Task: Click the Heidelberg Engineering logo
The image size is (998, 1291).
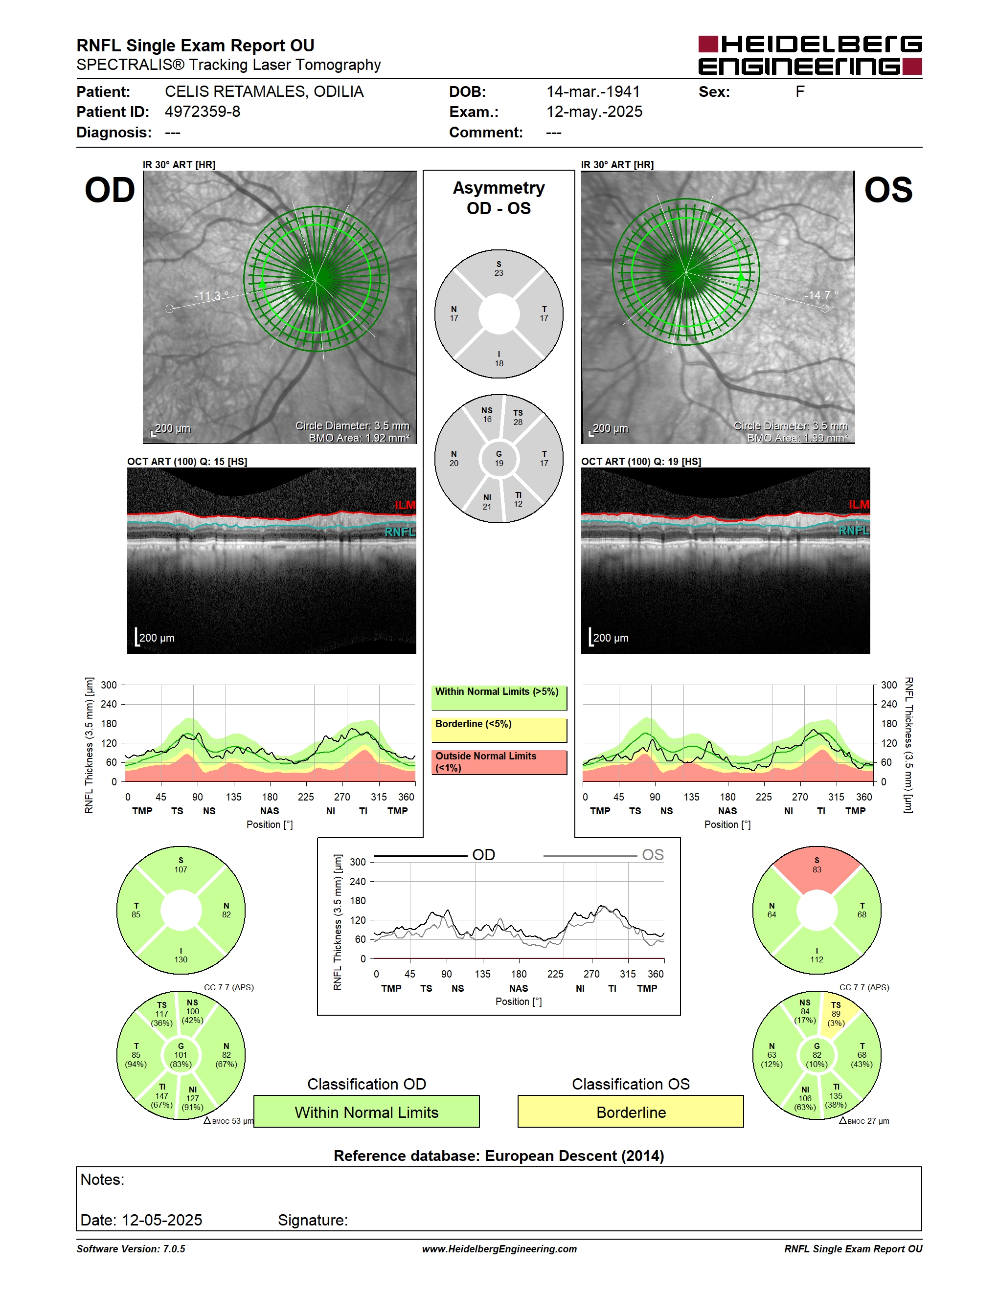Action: pyautogui.click(x=810, y=55)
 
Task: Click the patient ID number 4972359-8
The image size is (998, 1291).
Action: pyautogui.click(x=202, y=111)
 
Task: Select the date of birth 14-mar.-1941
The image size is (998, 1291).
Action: pyautogui.click(x=593, y=91)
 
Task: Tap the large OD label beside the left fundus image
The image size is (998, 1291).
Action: pyautogui.click(x=110, y=190)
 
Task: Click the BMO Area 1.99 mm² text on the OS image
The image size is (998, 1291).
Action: pyautogui.click(x=797, y=438)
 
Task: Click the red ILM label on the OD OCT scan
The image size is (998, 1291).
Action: pyautogui.click(x=405, y=505)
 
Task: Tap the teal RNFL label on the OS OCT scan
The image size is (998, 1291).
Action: pyautogui.click(x=854, y=530)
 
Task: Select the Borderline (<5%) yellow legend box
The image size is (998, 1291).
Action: pyautogui.click(x=499, y=730)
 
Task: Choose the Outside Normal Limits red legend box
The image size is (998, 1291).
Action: pyautogui.click(x=499, y=762)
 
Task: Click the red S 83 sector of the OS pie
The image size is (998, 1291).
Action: pyautogui.click(x=817, y=869)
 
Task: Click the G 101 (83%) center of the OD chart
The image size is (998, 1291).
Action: pyautogui.click(x=181, y=1055)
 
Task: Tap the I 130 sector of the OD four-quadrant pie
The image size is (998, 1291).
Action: pyautogui.click(x=181, y=952)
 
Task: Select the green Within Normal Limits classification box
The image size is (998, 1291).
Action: pyautogui.click(x=366, y=1112)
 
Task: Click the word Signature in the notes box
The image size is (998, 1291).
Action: pyautogui.click(x=312, y=1220)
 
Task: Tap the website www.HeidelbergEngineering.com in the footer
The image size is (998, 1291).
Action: pyautogui.click(x=499, y=1249)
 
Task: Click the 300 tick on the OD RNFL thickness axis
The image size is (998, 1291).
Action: pyautogui.click(x=109, y=685)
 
